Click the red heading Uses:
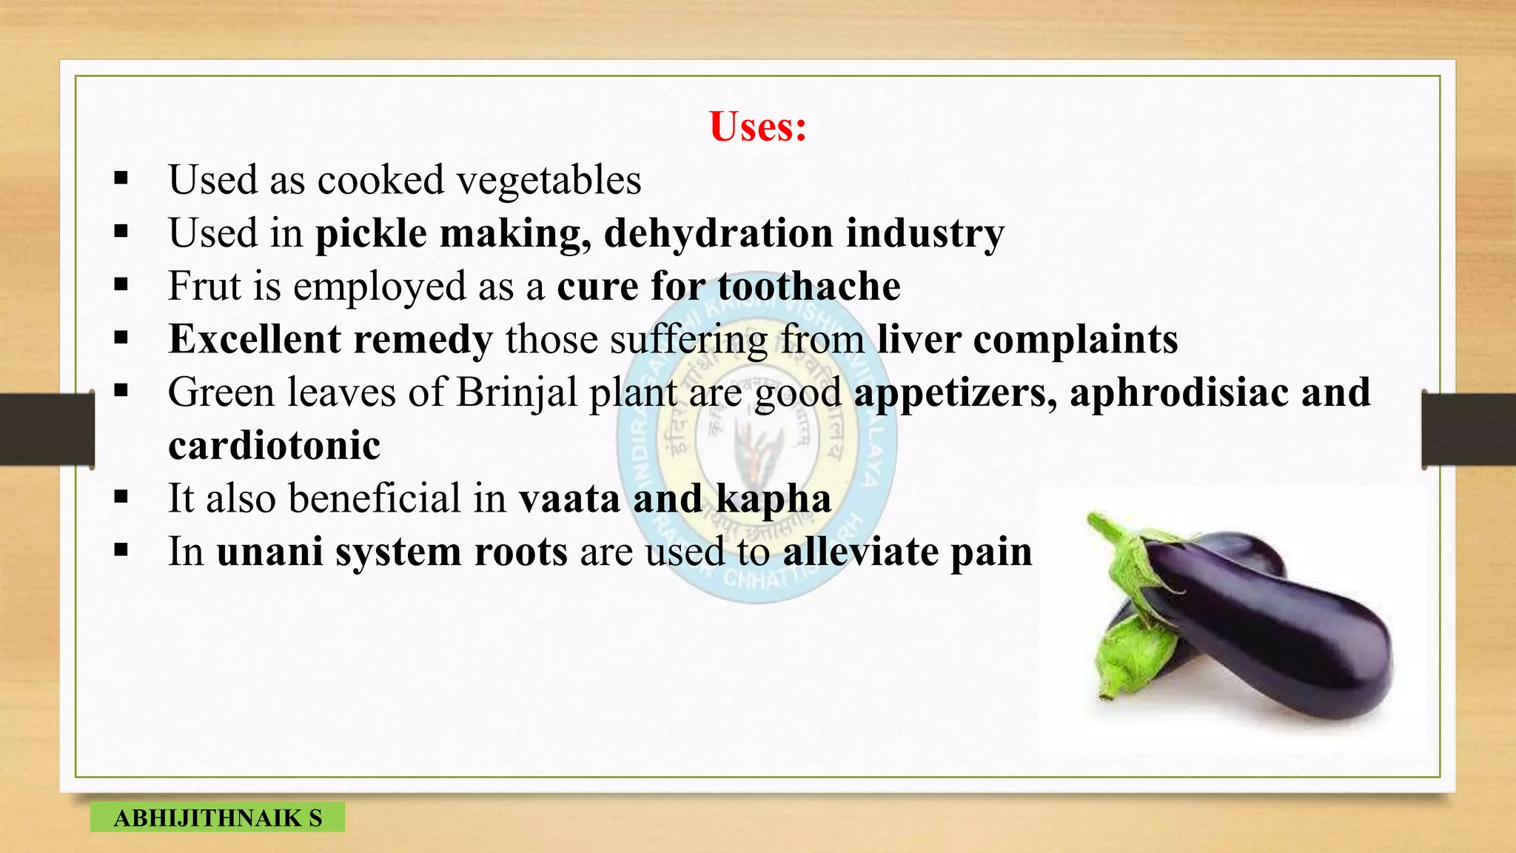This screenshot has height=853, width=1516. point(757,126)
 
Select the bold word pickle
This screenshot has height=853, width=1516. point(371,234)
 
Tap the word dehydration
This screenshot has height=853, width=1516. point(718,234)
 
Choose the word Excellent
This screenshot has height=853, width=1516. point(254,340)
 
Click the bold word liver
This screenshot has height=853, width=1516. point(918,340)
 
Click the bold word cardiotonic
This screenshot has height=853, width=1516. point(274,446)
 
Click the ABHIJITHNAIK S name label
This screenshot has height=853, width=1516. point(218,817)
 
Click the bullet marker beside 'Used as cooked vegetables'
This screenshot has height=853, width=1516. point(121,178)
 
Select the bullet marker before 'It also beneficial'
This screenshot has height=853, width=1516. point(121,497)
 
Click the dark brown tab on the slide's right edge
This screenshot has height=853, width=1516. point(1469,429)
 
